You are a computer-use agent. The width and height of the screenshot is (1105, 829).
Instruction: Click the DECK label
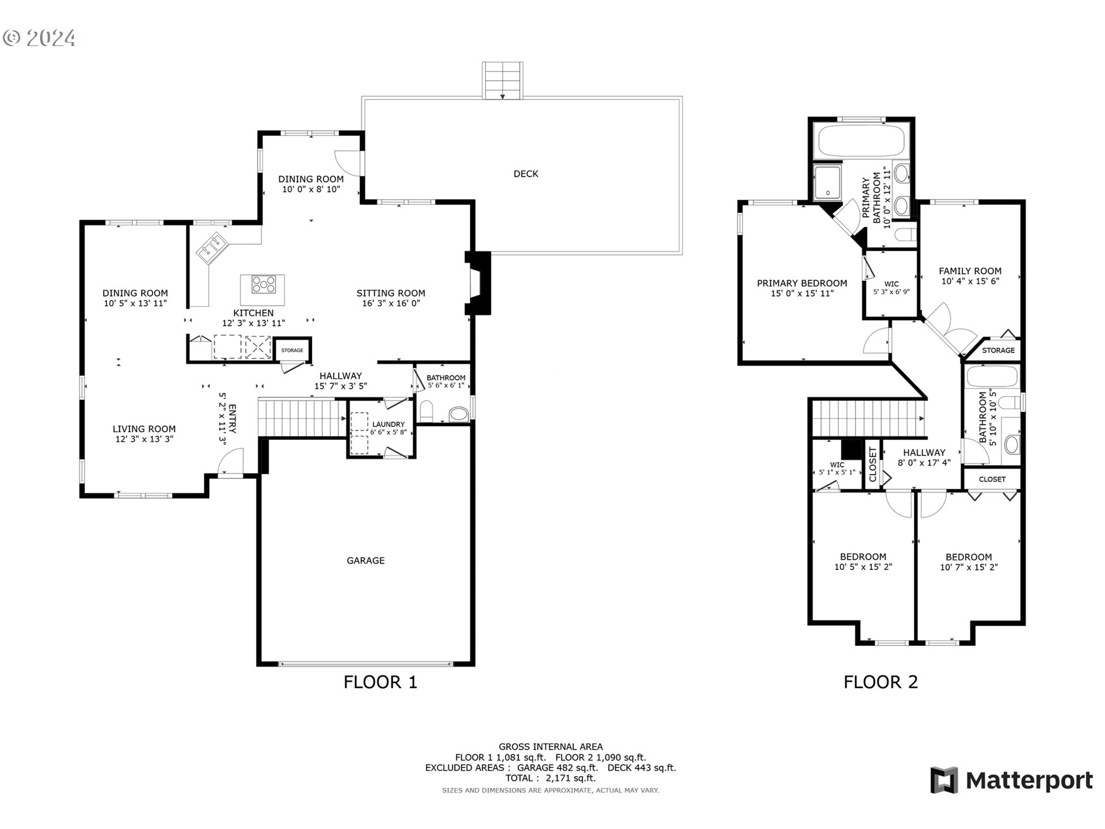click(x=525, y=174)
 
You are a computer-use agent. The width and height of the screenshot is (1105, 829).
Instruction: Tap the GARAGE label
click(x=365, y=561)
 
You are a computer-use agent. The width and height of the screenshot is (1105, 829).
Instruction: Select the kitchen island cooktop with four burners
click(x=264, y=284)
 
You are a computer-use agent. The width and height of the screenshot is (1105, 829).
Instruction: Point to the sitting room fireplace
click(x=478, y=283)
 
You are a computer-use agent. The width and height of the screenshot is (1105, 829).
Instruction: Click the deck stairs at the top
click(x=502, y=81)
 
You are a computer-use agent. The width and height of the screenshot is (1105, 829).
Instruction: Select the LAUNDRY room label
click(x=388, y=424)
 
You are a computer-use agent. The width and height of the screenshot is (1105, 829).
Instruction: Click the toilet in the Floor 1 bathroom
click(x=426, y=411)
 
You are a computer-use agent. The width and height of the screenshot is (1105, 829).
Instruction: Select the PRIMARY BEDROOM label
click(x=802, y=283)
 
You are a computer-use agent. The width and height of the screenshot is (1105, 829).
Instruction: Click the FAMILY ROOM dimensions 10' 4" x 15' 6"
click(x=970, y=282)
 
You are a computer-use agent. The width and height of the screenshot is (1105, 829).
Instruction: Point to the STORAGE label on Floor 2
click(x=998, y=351)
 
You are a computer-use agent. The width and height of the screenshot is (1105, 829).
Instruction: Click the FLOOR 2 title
click(x=880, y=682)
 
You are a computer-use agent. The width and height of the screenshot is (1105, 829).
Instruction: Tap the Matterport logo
click(x=1011, y=781)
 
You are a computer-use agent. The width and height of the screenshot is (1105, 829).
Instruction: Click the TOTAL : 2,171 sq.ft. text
click(x=550, y=778)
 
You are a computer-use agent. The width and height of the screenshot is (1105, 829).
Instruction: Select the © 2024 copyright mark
click(x=39, y=38)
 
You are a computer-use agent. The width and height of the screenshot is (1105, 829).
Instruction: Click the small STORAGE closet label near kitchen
click(x=292, y=350)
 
